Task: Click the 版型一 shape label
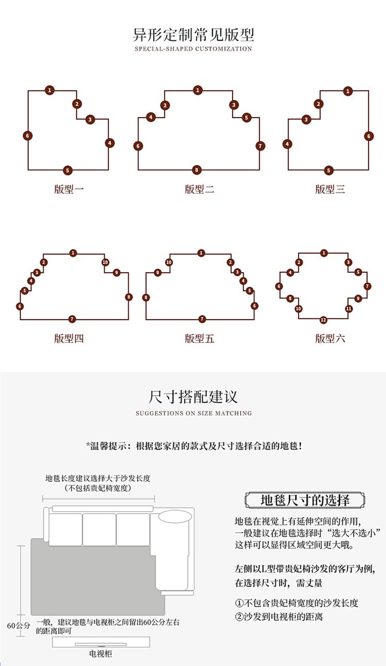(69, 189)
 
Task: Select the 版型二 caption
(199, 189)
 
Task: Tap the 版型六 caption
(330, 338)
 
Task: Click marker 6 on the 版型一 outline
(28, 136)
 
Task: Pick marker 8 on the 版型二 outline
(196, 170)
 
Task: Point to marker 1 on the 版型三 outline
(348, 91)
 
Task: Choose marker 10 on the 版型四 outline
(105, 262)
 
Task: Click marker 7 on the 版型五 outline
(202, 319)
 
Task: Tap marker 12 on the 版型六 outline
(324, 320)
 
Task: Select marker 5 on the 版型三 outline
(329, 170)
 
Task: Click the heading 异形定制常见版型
(193, 35)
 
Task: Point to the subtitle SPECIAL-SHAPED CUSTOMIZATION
(193, 49)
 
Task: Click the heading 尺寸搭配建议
(193, 397)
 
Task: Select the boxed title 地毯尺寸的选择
(305, 500)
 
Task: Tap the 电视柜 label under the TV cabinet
(100, 654)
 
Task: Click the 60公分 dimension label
(18, 625)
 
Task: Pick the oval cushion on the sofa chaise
(175, 516)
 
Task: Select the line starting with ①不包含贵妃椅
(296, 603)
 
